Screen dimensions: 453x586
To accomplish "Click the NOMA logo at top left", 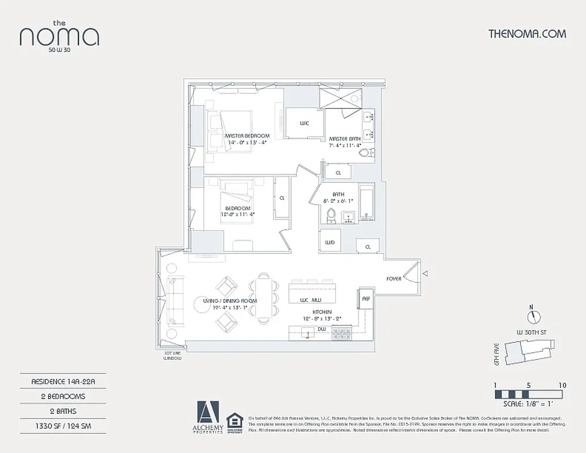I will tap(59, 36).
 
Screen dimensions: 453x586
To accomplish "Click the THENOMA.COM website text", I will tap(527, 33).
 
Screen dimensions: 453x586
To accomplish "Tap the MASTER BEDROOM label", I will tap(247, 136).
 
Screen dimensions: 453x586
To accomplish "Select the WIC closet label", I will tap(304, 123).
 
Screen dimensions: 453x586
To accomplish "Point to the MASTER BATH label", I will tap(345, 139).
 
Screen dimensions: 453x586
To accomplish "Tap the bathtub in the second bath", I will tap(366, 202).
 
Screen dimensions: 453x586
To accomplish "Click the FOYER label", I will tap(394, 279).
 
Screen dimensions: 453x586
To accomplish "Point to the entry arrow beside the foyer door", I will tap(426, 274).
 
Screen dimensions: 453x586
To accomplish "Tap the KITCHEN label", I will tap(322, 312).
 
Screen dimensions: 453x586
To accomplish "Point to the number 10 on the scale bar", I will tap(562, 385).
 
